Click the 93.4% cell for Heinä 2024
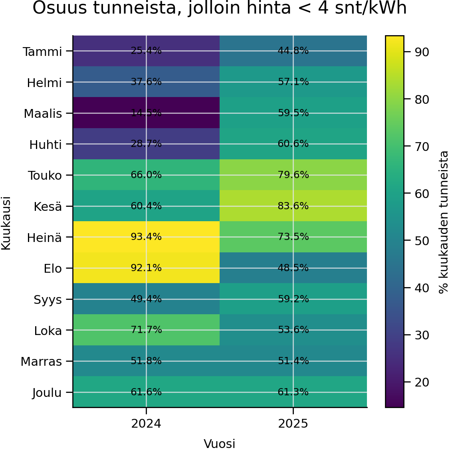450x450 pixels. coord(146,237)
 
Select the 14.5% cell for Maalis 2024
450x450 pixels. coord(146,113)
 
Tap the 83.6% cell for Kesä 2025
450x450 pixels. coord(293,206)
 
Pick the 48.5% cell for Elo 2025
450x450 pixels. coord(293,268)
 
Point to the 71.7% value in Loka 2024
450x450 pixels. coord(146,330)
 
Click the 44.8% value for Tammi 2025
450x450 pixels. coord(293,51)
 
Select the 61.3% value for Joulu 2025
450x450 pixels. coord(293,392)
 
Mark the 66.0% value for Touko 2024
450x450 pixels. coord(146,175)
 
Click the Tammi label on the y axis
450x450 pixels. coord(42,52)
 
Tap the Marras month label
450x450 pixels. coord(41,362)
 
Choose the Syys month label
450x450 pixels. coord(48,300)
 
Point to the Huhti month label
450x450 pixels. coord(46,145)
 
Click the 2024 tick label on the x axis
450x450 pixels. coord(146,424)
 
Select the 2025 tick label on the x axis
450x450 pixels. coord(293,424)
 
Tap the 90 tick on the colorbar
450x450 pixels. coord(422,52)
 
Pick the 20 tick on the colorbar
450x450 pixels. coord(422,383)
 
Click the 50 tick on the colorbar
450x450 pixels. coord(422,241)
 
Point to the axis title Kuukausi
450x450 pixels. coord(6,223)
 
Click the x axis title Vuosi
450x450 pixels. coord(220,444)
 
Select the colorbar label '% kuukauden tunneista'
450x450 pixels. coord(444,222)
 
